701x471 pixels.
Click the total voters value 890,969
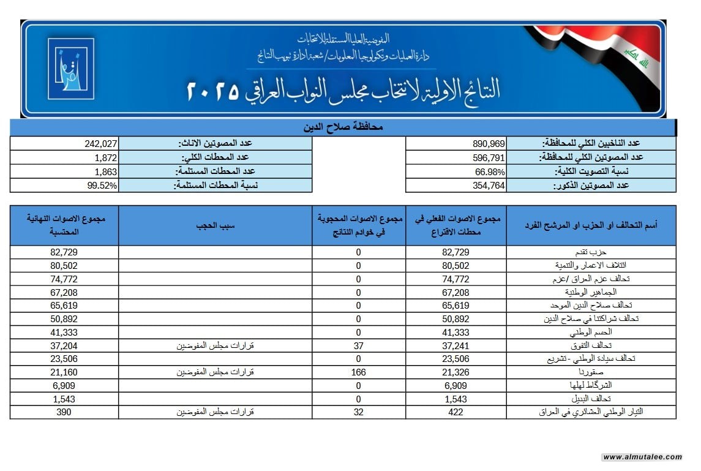pos(489,143)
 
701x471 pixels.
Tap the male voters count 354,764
pos(489,185)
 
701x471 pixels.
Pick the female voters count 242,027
pos(100,143)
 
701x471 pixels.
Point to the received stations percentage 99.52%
pos(102,185)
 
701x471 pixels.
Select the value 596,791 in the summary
pos(489,157)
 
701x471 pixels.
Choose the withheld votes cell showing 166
pos(359,372)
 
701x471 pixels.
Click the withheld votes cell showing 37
pos(359,345)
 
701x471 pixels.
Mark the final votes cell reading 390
pos(64,412)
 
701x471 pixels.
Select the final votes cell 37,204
pos(64,345)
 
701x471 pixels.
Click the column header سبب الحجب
pos(216,225)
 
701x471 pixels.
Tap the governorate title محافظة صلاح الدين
pos(343,128)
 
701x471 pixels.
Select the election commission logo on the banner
pos(71,69)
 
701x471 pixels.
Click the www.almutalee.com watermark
pos(642,457)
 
